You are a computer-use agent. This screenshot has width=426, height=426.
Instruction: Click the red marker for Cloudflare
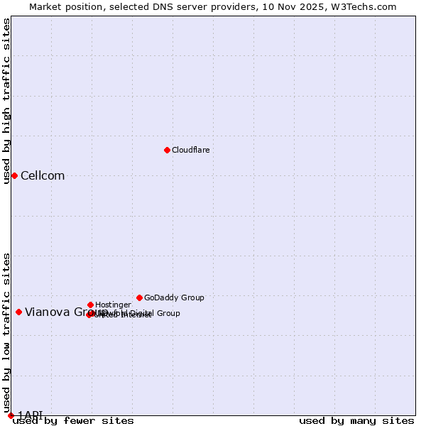(167, 150)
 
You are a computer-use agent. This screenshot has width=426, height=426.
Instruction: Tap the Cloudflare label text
(190, 151)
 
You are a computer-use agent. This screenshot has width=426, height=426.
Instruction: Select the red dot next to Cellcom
(14, 175)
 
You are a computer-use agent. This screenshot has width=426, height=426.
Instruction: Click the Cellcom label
(43, 176)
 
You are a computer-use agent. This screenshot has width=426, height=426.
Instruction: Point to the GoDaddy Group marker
(139, 297)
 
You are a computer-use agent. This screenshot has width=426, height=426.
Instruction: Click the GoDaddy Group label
(174, 298)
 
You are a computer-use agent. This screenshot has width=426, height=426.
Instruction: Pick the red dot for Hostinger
(90, 305)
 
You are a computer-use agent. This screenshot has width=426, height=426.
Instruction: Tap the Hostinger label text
(113, 305)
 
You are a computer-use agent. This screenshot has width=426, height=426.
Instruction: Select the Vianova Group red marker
(18, 312)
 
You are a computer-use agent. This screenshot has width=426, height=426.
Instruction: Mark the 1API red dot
(11, 415)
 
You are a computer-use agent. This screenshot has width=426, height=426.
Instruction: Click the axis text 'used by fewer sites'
(73, 421)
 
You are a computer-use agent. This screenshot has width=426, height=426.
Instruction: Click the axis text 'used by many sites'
(356, 421)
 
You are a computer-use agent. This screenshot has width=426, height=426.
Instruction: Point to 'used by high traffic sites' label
(7, 101)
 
